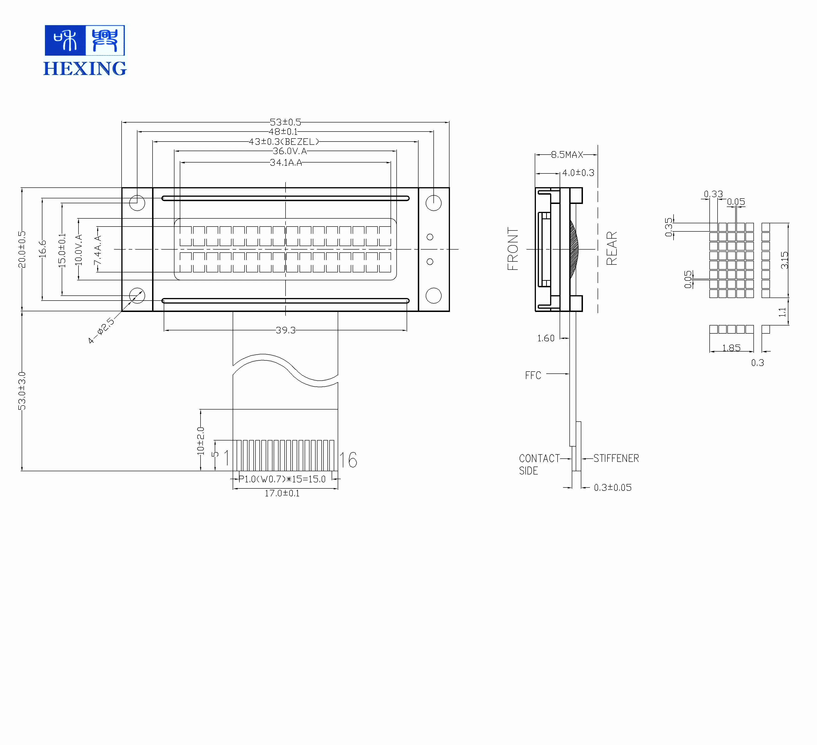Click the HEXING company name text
85,68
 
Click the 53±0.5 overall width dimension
285,122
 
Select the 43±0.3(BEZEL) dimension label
284,141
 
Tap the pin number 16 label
348,460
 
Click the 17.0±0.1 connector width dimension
282,493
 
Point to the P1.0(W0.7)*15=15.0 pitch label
282,479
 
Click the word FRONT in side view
513,249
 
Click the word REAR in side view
612,248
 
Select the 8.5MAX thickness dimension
567,154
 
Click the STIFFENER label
616,458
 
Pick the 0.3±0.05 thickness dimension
612,487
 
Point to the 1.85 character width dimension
732,348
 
